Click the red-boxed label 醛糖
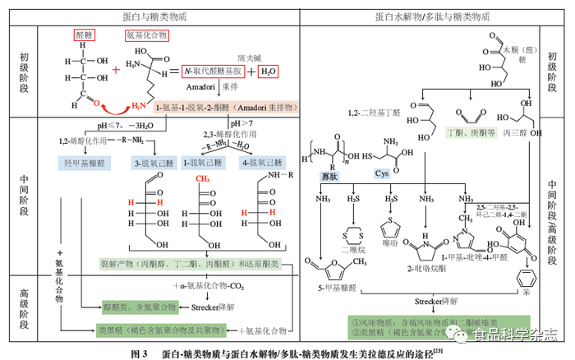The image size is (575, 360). [85, 35]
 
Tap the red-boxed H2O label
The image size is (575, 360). [269, 72]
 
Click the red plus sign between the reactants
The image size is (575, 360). [116, 72]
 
